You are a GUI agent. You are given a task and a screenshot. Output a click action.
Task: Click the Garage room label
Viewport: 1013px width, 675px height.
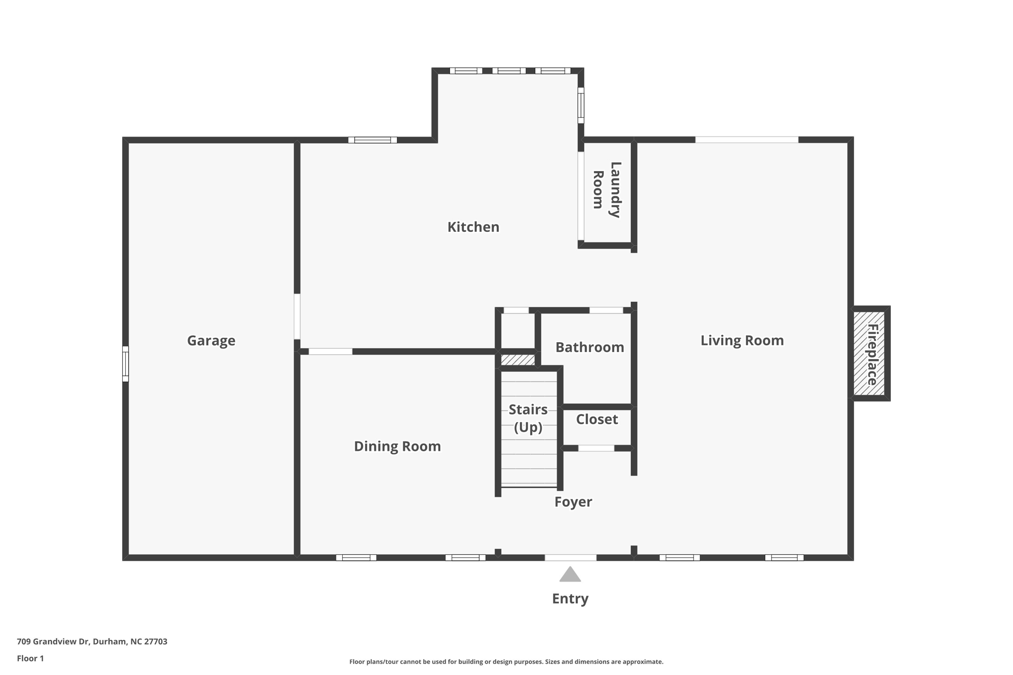click(x=211, y=340)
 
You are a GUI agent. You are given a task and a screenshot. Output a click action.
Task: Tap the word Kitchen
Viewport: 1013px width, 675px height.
click(x=473, y=227)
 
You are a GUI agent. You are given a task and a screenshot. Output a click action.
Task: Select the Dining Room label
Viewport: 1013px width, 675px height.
click(x=397, y=446)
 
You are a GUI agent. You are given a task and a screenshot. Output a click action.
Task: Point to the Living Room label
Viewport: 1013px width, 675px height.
click(x=741, y=340)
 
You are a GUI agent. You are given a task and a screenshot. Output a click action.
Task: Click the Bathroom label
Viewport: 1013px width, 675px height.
click(x=589, y=347)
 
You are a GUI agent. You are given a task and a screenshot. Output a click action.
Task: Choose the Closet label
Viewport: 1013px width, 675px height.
click(x=597, y=419)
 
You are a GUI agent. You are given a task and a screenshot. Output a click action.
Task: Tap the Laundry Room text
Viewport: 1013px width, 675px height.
click(x=606, y=190)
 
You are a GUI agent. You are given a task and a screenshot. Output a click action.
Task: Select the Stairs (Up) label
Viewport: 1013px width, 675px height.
click(x=528, y=418)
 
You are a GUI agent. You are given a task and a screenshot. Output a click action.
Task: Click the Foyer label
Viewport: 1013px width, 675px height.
click(x=573, y=501)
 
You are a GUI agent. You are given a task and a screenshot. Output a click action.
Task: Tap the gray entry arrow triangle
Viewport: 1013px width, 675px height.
click(x=570, y=575)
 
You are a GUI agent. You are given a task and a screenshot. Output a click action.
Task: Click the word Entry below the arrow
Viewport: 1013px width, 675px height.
click(x=570, y=598)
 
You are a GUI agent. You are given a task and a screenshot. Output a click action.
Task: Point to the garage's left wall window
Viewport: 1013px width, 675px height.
click(x=126, y=364)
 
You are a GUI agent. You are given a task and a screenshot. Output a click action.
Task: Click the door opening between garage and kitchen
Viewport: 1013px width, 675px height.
click(x=297, y=316)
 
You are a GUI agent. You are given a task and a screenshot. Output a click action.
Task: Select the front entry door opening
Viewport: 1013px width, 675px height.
click(x=570, y=558)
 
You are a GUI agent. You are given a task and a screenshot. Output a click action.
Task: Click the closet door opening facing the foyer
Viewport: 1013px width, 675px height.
click(x=596, y=448)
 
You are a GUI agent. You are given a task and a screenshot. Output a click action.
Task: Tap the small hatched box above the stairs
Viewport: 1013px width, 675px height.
click(x=517, y=360)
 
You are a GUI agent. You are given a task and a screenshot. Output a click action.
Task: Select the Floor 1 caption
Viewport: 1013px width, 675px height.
click(x=30, y=658)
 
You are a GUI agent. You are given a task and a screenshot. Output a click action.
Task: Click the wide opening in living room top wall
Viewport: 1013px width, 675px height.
click(x=746, y=140)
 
